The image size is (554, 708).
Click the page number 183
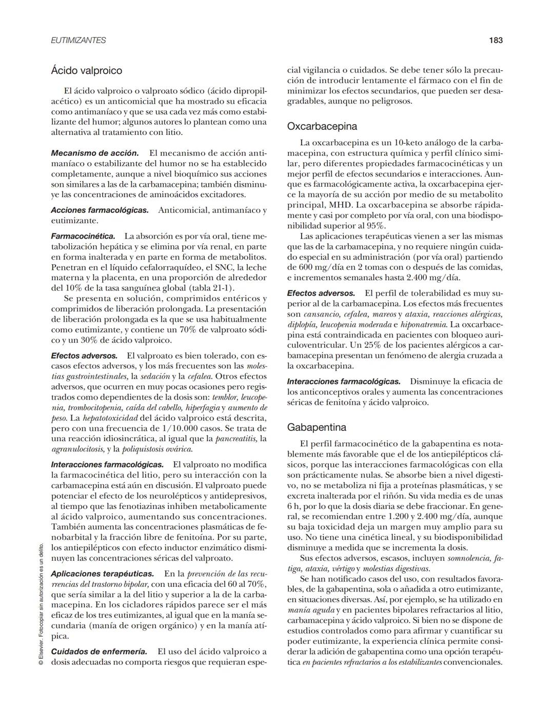pos(495,40)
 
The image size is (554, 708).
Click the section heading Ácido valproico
pos(86,70)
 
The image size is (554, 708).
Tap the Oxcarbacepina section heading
pos(322,126)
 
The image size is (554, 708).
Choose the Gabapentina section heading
pos(316,427)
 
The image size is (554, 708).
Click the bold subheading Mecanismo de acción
pos(95,153)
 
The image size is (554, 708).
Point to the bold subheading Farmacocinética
pos(83,236)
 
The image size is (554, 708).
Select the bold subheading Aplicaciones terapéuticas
pos(102,574)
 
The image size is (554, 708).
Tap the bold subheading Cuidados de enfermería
pos(99,652)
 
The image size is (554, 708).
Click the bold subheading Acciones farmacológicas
pos(100,210)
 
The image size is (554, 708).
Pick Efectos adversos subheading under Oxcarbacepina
pos(321,293)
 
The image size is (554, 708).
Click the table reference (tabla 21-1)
pos(212,288)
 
